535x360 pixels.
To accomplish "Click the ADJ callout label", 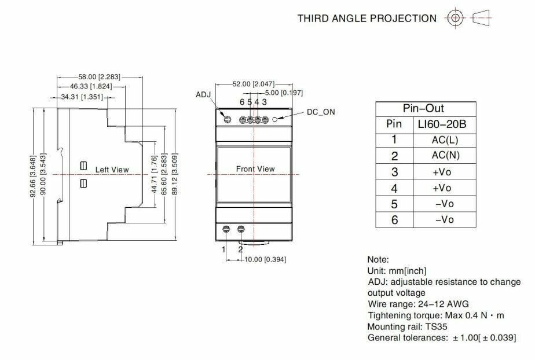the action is (203, 94).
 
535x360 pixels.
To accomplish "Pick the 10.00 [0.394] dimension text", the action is (264, 259).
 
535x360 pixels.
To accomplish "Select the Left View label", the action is (112, 170).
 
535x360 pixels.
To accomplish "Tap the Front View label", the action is (255, 169).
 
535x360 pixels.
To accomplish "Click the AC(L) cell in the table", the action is (445, 139).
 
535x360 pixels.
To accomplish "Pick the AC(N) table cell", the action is (445, 156).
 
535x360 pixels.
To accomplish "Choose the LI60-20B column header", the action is (445, 124).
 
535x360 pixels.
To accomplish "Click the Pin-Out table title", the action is (427, 109).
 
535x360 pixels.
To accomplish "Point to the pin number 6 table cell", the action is (394, 219).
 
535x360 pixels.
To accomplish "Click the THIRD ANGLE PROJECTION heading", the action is (367, 19).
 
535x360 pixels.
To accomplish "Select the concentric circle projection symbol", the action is (455, 18).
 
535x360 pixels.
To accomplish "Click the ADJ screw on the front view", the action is (228, 120).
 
